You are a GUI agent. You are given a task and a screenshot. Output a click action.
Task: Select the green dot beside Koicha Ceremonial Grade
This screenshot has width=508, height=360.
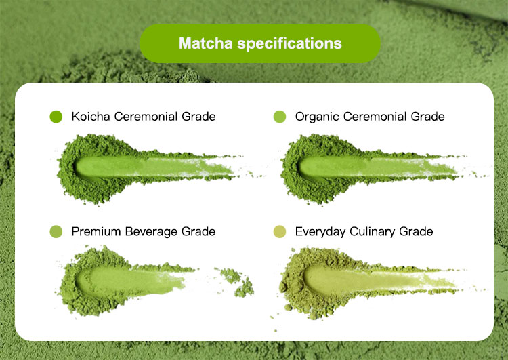(x=56, y=117)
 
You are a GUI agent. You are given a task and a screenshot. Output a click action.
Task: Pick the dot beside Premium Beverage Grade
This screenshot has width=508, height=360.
(x=56, y=232)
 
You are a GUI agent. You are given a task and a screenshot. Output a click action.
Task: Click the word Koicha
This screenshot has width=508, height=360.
(x=91, y=117)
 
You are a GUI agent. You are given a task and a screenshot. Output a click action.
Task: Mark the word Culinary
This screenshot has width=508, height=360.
(x=374, y=232)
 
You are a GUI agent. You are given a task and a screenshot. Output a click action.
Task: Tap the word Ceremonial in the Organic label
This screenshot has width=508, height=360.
(x=376, y=117)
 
